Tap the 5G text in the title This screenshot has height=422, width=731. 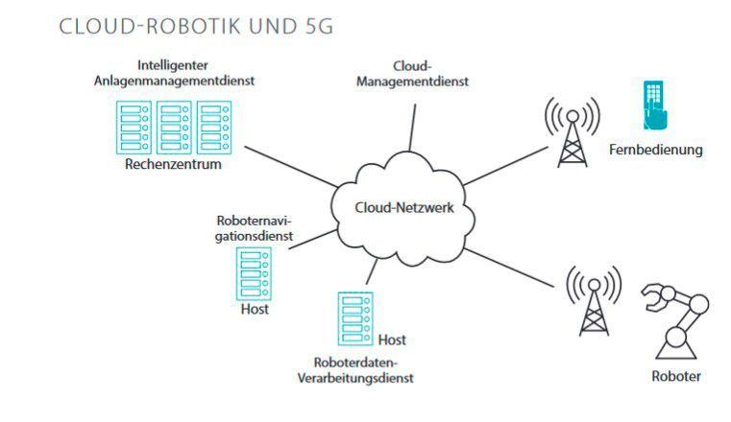(x=315, y=27)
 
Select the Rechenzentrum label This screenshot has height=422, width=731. (x=173, y=164)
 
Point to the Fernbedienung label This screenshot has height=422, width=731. (x=655, y=150)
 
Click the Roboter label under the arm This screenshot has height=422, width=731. (x=676, y=375)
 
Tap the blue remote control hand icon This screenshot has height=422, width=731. (x=656, y=105)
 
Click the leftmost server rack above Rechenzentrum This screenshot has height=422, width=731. (x=134, y=126)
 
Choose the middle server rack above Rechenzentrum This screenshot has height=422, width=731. (x=173, y=126)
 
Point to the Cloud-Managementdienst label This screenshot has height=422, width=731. (x=412, y=74)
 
